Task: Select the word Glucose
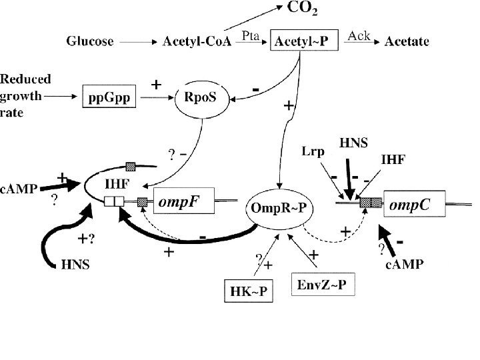[89, 41]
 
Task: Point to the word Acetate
[407, 41]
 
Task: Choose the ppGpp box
[109, 98]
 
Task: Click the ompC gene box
[415, 204]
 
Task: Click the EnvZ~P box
[323, 285]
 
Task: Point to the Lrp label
[312, 152]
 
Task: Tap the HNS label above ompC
[354, 142]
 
